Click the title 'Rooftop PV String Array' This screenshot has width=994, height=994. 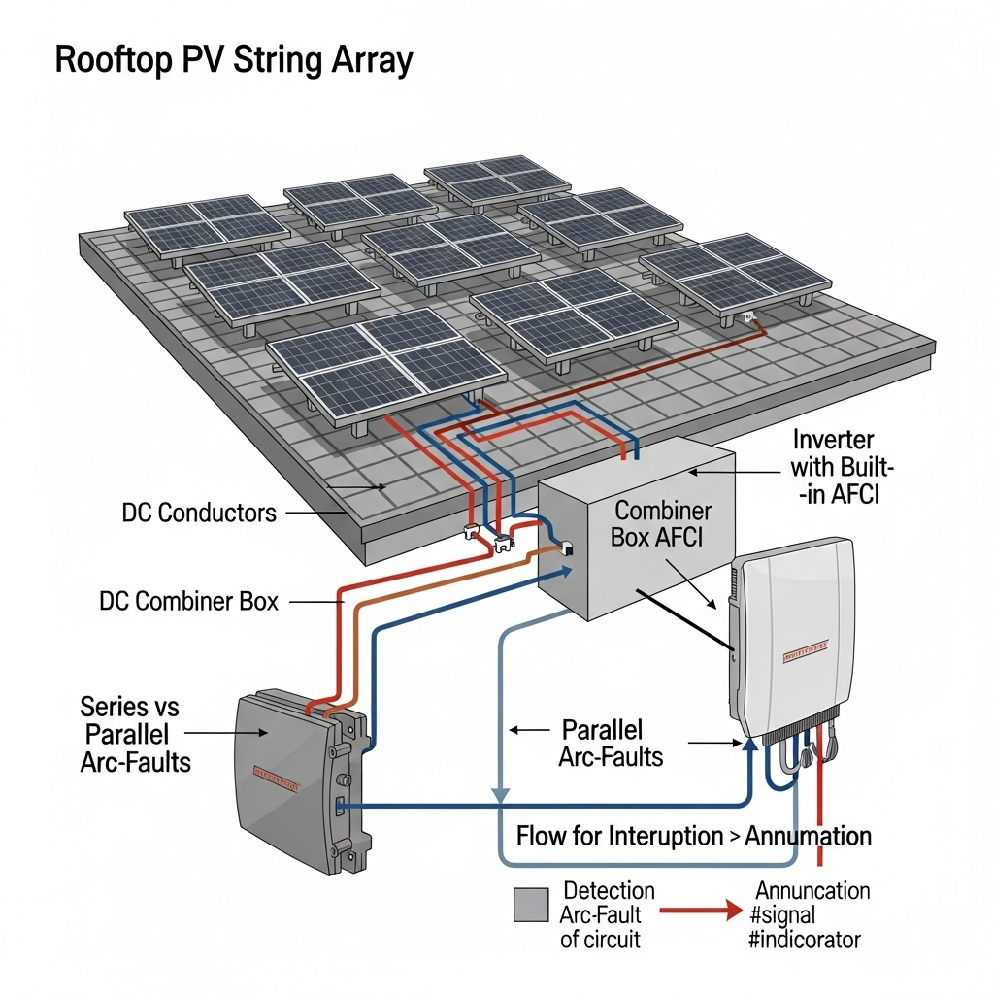pos(234,60)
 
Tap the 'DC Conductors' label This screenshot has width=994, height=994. pos(199,512)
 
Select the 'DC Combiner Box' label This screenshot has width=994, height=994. pos(188,601)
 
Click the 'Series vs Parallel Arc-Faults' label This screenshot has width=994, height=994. pos(135,734)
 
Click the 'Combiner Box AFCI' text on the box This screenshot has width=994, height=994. pos(663,523)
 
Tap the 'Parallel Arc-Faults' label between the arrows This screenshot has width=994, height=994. pos(611,743)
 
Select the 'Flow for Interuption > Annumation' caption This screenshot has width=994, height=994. pos(693,836)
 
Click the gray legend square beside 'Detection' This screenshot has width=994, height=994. pos(532,905)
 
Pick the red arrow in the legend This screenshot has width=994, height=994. pos(699,912)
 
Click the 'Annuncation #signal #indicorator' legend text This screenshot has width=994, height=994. pos(812,914)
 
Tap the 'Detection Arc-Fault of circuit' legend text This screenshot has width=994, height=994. pos(607,914)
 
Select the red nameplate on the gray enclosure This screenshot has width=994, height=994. pos(276,776)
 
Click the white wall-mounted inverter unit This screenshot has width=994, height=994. pos(796,641)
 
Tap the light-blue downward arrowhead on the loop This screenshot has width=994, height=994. pos(500,795)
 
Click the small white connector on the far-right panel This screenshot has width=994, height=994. pos(746,317)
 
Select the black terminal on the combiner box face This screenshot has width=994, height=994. pos(568,549)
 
